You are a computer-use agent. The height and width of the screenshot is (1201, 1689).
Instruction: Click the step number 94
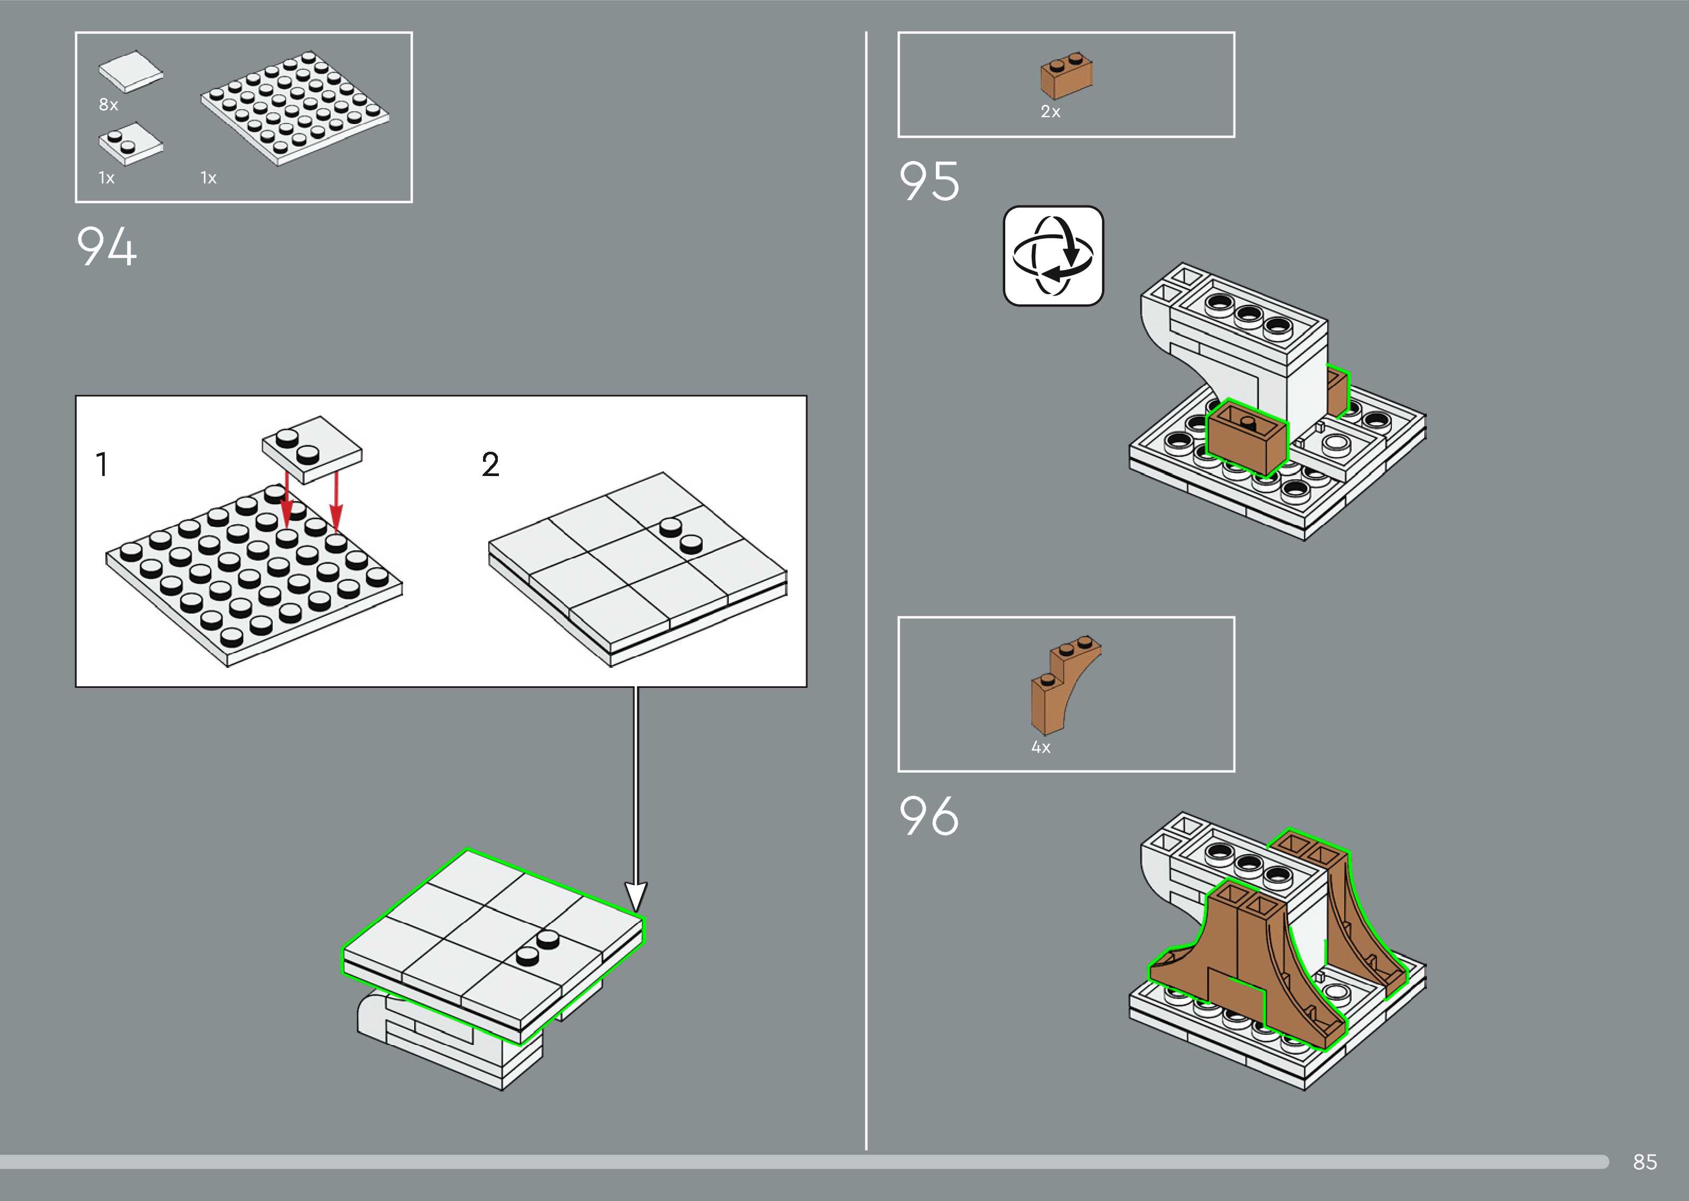coord(106,246)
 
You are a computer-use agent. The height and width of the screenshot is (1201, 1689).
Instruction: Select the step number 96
coord(929,817)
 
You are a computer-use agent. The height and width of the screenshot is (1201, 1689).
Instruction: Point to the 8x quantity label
coord(108,104)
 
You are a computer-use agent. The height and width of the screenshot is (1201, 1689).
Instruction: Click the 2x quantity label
coord(1050,112)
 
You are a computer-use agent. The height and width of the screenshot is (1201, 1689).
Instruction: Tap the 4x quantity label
coord(1041,747)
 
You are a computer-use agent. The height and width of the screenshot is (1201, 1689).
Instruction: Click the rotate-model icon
coord(1053,255)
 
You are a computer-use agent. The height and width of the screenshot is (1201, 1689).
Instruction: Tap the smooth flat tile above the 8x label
coord(131,71)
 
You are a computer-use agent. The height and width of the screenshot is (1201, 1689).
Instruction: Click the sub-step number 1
coord(102,464)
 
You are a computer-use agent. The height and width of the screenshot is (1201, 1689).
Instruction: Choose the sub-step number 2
coord(490,464)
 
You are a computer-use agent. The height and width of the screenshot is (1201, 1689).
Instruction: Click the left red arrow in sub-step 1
coord(287,498)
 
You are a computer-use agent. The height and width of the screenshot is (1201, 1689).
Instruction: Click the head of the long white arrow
coord(636,897)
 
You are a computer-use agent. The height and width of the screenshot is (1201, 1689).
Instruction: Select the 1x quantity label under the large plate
coord(209,177)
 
